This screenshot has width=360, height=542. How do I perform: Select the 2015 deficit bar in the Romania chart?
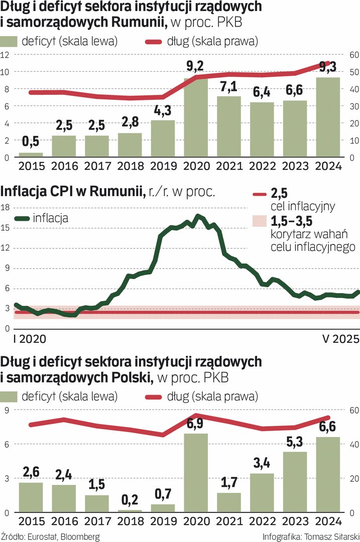pyautogui.click(x=31, y=155)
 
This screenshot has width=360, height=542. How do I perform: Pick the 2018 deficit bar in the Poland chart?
pyautogui.click(x=130, y=510)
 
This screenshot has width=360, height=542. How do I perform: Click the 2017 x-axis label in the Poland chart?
pyautogui.click(x=97, y=521)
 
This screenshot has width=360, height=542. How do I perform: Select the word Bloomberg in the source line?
pyautogui.click(x=79, y=536)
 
